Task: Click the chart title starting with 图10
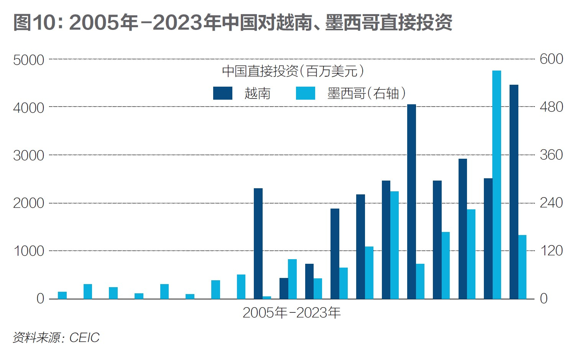click(233, 22)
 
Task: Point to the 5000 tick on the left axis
click(29, 60)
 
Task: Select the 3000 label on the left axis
click(29, 155)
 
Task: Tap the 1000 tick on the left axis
click(29, 251)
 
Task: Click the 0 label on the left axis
click(40, 299)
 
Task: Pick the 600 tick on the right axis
click(551, 59)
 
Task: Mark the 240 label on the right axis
click(551, 203)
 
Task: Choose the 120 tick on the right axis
click(551, 251)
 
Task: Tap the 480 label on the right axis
click(551, 107)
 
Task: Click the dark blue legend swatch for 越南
click(223, 93)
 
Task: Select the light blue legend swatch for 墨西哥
click(306, 93)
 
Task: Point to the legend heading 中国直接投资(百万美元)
click(293, 71)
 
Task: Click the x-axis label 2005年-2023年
click(292, 313)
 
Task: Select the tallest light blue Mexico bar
click(497, 184)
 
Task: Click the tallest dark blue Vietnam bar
click(514, 192)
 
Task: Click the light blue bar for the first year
click(62, 295)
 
